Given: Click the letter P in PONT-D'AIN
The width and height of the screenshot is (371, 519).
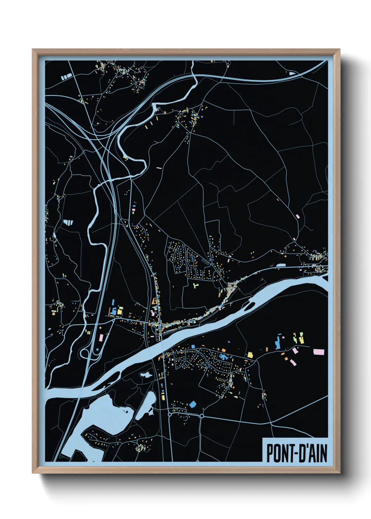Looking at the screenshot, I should click(270, 453).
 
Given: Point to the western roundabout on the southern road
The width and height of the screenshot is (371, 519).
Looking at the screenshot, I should click(170, 414).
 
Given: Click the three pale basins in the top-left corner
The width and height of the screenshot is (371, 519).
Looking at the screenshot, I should click(66, 76).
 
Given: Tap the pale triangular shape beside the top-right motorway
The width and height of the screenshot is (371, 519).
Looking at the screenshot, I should click(292, 73).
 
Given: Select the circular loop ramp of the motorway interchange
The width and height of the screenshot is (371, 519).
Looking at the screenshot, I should click(85, 353).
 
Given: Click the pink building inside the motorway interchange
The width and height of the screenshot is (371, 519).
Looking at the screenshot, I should click(101, 338).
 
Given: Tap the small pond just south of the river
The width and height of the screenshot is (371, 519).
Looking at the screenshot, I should click(146, 375).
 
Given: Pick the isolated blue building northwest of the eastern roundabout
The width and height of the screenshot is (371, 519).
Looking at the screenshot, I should click(192, 404).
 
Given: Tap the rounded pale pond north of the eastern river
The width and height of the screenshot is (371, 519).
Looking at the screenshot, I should click(281, 266).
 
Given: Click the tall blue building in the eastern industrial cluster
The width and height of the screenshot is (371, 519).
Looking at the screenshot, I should click(278, 342).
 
